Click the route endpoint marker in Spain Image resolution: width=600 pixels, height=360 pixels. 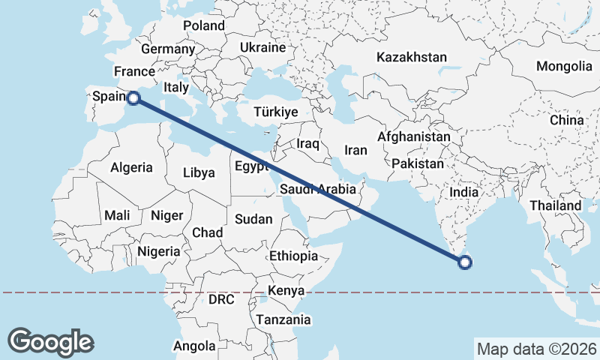[x=133, y=97]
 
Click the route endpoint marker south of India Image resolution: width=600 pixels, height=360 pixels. [x=464, y=262]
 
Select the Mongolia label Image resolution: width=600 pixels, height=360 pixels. [x=564, y=66]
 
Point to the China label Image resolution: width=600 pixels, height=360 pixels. [x=566, y=120]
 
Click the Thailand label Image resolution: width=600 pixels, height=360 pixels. [x=555, y=205]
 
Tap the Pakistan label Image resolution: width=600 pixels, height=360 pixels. [x=417, y=163]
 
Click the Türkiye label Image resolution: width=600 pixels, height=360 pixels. [x=276, y=112]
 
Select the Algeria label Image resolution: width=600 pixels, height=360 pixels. [x=131, y=168]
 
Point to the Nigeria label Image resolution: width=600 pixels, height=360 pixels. [x=159, y=251]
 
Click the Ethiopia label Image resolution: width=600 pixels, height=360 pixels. [x=293, y=256]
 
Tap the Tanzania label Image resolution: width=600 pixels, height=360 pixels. [x=283, y=319]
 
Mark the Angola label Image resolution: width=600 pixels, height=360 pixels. [x=194, y=346]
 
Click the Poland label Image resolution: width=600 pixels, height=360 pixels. [x=204, y=25]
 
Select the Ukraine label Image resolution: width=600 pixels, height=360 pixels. [x=262, y=47]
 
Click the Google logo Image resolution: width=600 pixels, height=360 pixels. [x=51, y=341]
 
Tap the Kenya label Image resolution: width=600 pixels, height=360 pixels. [x=286, y=290]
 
